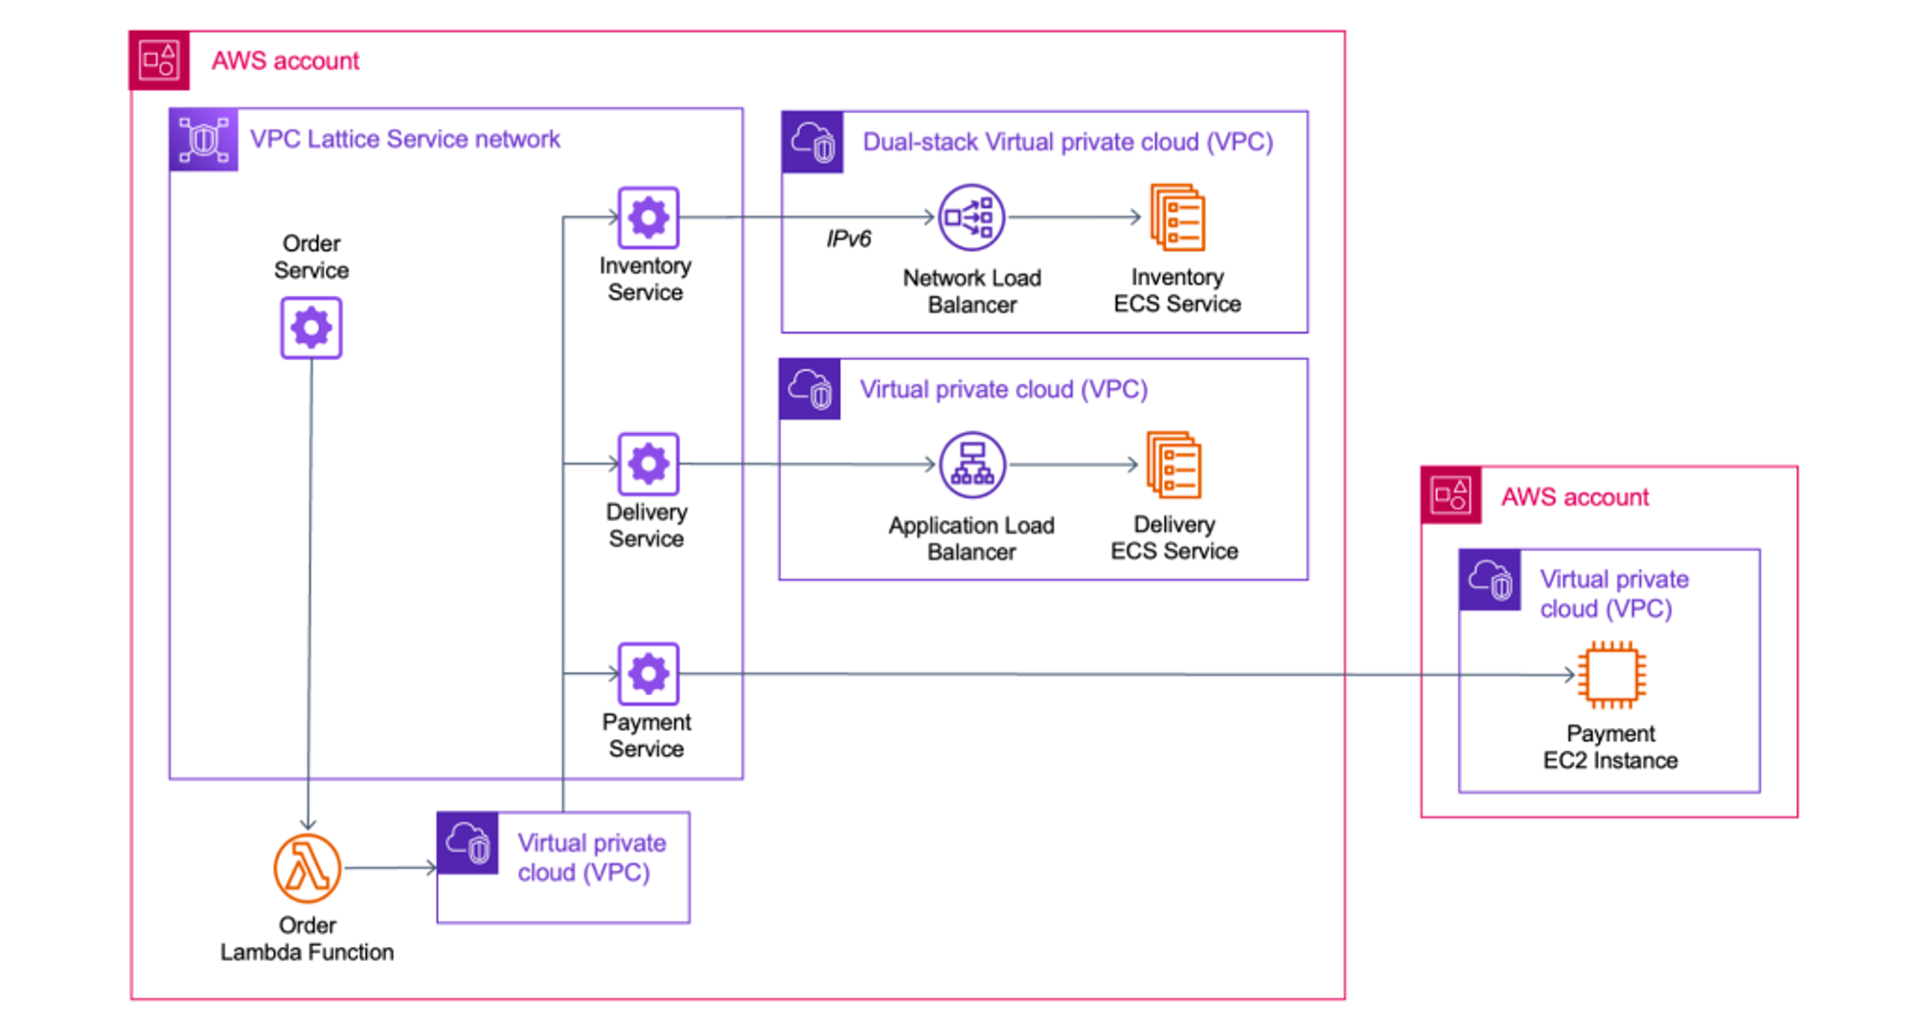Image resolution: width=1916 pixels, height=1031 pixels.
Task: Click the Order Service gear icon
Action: click(x=310, y=329)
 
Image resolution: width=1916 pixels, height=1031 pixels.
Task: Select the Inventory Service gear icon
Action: click(x=649, y=218)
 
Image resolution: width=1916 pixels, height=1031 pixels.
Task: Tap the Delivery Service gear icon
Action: click(x=649, y=464)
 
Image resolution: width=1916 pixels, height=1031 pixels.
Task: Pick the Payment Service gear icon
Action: click(x=649, y=674)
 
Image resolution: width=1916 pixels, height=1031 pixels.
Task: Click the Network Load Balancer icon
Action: click(x=970, y=218)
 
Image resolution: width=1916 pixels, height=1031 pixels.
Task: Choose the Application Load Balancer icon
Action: click(x=972, y=465)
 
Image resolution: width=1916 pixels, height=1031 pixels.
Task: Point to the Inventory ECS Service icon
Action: click(x=1177, y=218)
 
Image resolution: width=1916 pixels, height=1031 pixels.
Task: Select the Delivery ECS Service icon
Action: click(x=1174, y=465)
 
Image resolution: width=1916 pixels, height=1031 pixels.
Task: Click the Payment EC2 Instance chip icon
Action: click(x=1612, y=675)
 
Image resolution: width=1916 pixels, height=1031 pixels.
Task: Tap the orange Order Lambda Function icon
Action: click(x=307, y=868)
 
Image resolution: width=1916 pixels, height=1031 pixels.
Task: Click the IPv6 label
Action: click(x=848, y=239)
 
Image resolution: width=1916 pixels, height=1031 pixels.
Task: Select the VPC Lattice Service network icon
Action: click(x=203, y=140)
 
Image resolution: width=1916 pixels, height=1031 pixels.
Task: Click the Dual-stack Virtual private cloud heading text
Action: click(x=1067, y=142)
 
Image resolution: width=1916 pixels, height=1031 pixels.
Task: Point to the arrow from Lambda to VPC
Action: click(x=390, y=868)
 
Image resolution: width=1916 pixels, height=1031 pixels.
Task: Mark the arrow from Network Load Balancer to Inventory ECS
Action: click(x=1074, y=218)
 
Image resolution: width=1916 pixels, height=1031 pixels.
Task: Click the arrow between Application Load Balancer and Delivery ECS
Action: click(x=1073, y=465)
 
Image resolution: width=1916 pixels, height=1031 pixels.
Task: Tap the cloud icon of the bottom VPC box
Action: click(x=468, y=843)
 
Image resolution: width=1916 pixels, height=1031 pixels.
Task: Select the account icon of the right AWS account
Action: click(x=1450, y=495)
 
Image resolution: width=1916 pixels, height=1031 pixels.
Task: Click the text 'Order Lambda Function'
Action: click(x=307, y=939)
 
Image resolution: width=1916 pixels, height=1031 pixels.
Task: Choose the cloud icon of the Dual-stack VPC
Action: click(x=812, y=143)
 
